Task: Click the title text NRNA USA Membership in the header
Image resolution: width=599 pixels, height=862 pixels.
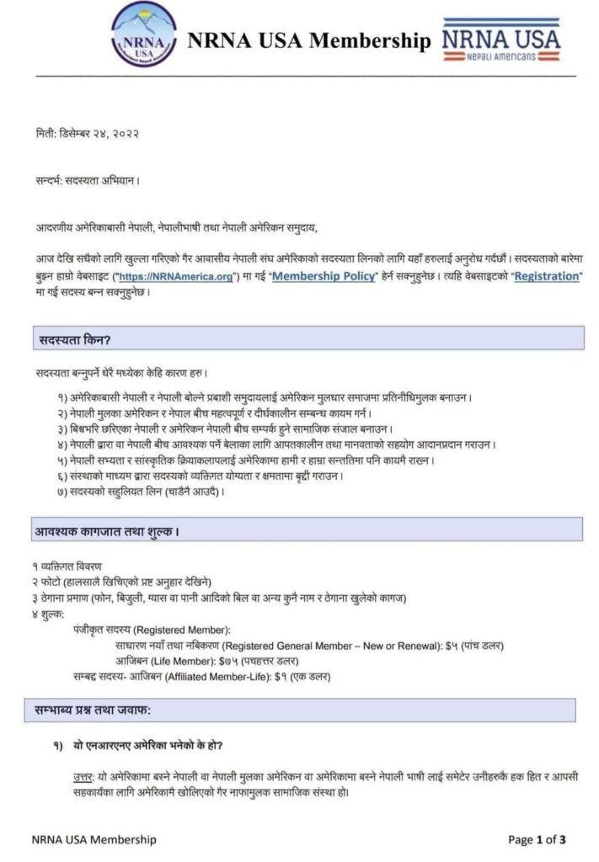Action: coord(308,40)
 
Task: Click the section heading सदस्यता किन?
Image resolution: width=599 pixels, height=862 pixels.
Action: coord(75,339)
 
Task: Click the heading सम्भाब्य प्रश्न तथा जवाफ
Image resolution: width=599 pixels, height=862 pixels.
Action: coord(94,711)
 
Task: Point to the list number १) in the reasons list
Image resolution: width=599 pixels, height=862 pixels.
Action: coord(64,396)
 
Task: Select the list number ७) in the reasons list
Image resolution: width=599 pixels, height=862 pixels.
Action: coord(64,491)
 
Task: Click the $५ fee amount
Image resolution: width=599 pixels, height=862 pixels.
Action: coord(452,645)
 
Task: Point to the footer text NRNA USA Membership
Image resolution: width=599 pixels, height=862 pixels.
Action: coord(94,839)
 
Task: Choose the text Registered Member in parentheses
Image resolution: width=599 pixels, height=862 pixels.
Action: coord(183,630)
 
